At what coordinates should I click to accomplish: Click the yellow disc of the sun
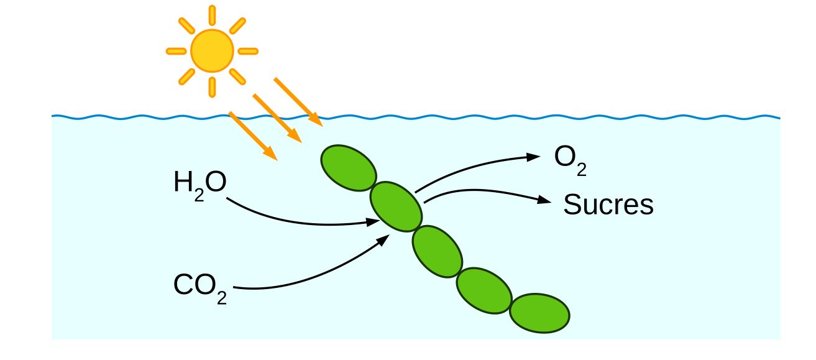click(212, 51)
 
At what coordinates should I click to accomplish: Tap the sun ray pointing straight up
click(212, 16)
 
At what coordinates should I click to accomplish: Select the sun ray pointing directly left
click(176, 52)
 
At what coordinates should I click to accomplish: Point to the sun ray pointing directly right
click(248, 52)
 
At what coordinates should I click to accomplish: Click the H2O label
click(200, 185)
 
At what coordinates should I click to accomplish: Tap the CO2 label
click(200, 288)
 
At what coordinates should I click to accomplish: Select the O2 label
click(571, 160)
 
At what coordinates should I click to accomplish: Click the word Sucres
click(608, 205)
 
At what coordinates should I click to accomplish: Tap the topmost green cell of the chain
click(349, 168)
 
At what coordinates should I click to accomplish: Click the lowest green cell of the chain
click(539, 313)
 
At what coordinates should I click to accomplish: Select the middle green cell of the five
click(437, 251)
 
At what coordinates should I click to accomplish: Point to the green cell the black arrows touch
click(396, 206)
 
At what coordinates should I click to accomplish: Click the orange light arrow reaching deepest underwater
click(253, 136)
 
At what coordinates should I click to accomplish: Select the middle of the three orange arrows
click(277, 118)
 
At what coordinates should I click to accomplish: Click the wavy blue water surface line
click(416, 117)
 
